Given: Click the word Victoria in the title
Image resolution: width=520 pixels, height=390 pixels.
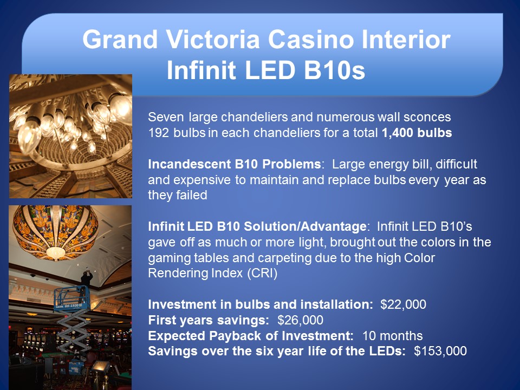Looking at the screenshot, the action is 213,40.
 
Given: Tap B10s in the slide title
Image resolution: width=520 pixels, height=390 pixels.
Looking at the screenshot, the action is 334,70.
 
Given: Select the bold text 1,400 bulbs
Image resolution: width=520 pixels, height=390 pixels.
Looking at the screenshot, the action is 417,133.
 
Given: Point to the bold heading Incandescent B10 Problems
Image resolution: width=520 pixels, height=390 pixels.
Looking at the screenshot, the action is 234,164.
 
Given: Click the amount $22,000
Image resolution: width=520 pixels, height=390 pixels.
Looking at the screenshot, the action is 403,304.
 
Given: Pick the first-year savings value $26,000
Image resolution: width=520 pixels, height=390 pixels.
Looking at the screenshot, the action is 300,320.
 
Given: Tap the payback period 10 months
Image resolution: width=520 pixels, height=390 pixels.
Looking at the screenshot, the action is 392,336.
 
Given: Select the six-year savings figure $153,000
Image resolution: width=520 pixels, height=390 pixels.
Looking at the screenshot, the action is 440,351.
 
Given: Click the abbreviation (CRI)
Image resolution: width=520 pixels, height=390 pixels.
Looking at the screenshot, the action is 262,273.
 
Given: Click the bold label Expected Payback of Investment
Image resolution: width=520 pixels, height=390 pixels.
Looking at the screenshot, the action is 251,336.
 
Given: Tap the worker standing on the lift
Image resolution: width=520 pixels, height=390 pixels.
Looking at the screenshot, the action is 87,280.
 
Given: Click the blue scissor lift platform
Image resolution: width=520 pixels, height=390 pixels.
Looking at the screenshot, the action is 71,298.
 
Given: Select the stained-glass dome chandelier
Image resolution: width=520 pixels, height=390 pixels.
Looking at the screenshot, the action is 55,231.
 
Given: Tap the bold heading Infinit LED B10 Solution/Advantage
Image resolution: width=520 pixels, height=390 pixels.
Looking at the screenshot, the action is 257,226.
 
